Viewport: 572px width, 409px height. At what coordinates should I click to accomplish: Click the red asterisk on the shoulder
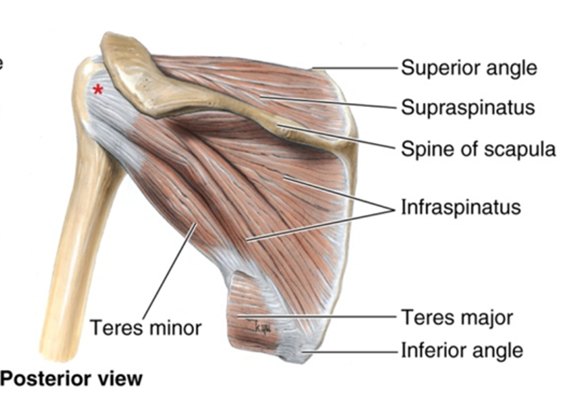[98, 89]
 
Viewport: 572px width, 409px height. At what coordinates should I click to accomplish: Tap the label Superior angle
[469, 67]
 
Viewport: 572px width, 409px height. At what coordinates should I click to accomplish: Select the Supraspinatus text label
[468, 107]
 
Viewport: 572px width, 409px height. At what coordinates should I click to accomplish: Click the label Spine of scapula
[478, 149]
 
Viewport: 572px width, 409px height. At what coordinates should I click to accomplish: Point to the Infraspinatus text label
[461, 207]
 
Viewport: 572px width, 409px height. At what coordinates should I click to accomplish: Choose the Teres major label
[457, 318]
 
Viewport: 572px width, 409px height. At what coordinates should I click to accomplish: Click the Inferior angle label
[462, 351]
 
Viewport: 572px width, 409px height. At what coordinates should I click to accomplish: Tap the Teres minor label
[145, 327]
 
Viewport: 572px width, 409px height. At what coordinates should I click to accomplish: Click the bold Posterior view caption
[71, 378]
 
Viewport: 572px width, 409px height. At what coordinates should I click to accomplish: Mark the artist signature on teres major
[262, 328]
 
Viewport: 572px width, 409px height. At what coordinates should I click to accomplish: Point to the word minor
[174, 327]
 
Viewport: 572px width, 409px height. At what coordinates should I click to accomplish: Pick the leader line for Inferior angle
[350, 351]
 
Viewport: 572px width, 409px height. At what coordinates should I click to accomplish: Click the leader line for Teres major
[317, 317]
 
